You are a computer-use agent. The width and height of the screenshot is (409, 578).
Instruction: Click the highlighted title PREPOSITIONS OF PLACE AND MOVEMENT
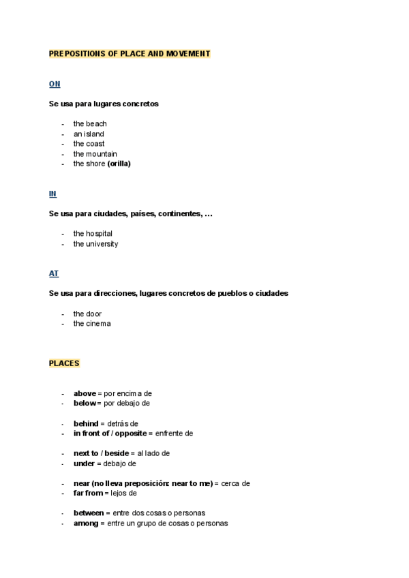coord(130,53)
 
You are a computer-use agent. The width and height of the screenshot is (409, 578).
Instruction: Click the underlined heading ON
coord(55,84)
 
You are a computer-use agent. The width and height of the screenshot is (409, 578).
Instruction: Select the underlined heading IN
coord(52,194)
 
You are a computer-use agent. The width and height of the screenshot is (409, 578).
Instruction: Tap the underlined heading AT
coord(54,273)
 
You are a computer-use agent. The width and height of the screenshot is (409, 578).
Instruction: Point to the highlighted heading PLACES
coord(64,363)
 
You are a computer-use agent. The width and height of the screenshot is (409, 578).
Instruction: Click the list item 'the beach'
coord(90,124)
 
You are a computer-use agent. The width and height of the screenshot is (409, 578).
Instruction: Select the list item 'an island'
coord(89,134)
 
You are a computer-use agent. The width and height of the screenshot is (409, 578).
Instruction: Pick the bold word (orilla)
coord(119,164)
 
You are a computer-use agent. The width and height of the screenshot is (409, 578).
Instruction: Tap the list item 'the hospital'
coord(93,234)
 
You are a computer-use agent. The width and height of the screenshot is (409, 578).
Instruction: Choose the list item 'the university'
coord(95,244)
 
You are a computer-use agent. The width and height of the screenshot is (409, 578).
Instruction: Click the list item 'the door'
coord(87,314)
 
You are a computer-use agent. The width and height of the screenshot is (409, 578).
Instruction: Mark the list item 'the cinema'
coord(92,324)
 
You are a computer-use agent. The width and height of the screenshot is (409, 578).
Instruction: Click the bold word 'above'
coord(85,393)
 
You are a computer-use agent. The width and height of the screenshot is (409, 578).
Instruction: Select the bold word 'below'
coord(85,403)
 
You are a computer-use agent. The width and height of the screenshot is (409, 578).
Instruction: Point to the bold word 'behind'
coord(86,423)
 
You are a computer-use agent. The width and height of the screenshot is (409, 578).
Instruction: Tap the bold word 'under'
coord(84,463)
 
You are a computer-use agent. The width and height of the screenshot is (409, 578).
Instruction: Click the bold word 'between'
coord(89,513)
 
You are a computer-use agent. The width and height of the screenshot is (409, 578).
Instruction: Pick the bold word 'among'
coord(86,523)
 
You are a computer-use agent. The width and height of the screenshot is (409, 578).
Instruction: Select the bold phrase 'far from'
coord(88,493)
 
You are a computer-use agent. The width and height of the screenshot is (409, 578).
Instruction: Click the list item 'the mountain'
coord(95,154)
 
